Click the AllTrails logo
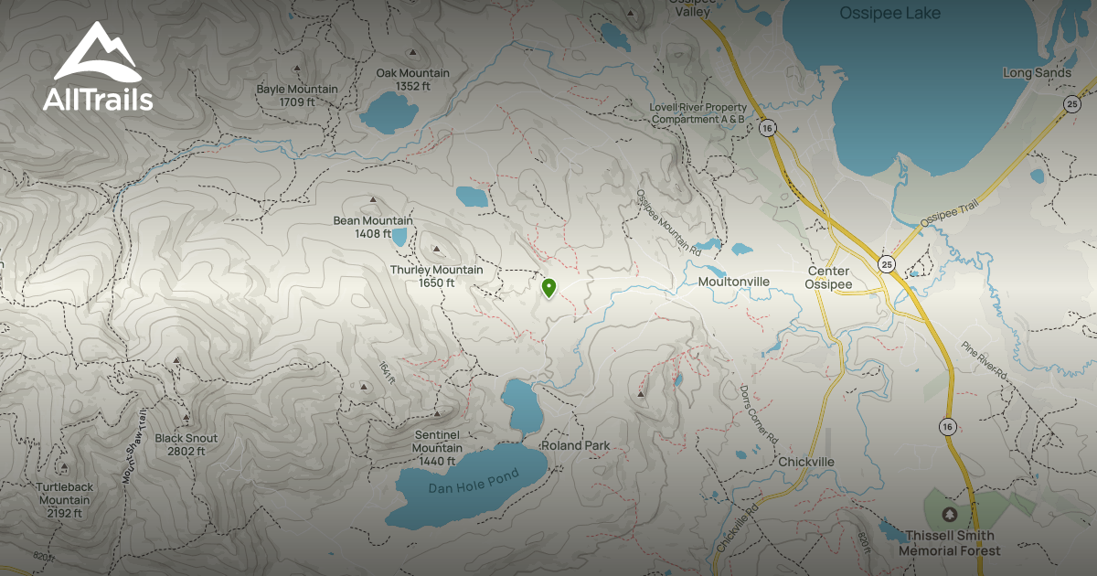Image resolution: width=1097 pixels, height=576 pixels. coord(98,69)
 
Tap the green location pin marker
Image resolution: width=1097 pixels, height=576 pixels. coord(548,288)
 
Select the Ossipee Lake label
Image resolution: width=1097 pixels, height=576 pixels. coord(890,14)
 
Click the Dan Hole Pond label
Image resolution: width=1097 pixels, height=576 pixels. coord(473,482)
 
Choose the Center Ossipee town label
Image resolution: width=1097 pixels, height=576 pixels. coord(828,278)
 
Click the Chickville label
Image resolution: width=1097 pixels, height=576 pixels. coord(806,462)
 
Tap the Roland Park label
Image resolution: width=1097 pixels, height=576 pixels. coord(575,445)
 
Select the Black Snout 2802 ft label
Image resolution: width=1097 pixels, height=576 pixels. coord(186,444)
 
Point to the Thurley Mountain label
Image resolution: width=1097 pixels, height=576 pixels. coord(436,276)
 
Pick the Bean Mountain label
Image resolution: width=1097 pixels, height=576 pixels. coord(372,227)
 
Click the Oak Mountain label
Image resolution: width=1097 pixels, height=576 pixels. coord(412,80)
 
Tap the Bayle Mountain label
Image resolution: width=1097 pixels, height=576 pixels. coord(297,95)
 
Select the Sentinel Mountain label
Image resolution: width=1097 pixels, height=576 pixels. coord(437,448)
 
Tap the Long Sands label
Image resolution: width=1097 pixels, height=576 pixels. coord(1036,72)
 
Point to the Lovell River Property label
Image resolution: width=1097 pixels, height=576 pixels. coord(698,112)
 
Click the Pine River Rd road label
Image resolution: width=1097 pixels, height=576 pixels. coord(983,361)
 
